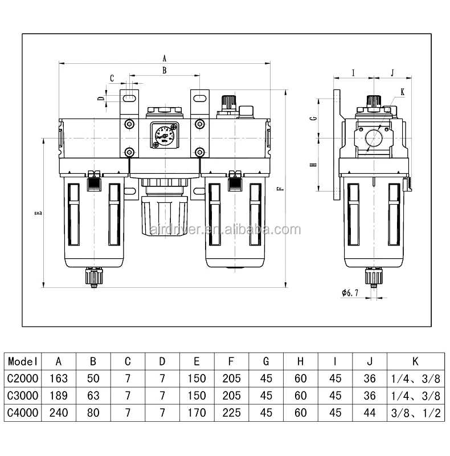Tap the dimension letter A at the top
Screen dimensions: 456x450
pyautogui.click(x=165, y=58)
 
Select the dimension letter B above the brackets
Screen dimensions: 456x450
pyautogui.click(x=165, y=71)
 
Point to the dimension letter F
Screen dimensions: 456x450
pyautogui.click(x=279, y=189)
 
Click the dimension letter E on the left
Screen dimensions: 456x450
pyautogui.click(x=38, y=213)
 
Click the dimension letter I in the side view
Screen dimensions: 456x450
pyautogui.click(x=353, y=72)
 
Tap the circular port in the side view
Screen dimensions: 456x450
pyautogui.click(x=374, y=139)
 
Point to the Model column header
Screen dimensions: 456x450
pyautogui.click(x=23, y=361)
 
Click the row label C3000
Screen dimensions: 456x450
pyautogui.click(x=23, y=396)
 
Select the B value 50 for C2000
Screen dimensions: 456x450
pyautogui.click(x=93, y=378)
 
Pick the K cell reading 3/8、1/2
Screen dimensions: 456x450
pyautogui.click(x=415, y=413)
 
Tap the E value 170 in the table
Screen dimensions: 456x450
pyautogui.click(x=197, y=413)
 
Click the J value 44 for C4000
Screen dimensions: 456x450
pyautogui.click(x=370, y=413)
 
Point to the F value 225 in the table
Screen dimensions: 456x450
pyautogui.click(x=231, y=413)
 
